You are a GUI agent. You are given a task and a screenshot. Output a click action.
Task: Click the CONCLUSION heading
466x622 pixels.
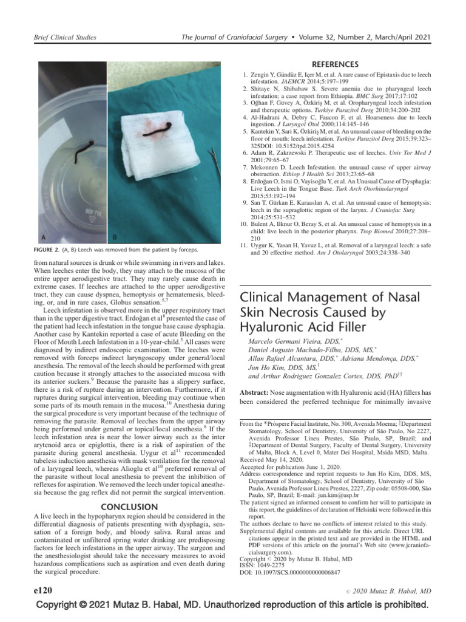coord(129,506)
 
